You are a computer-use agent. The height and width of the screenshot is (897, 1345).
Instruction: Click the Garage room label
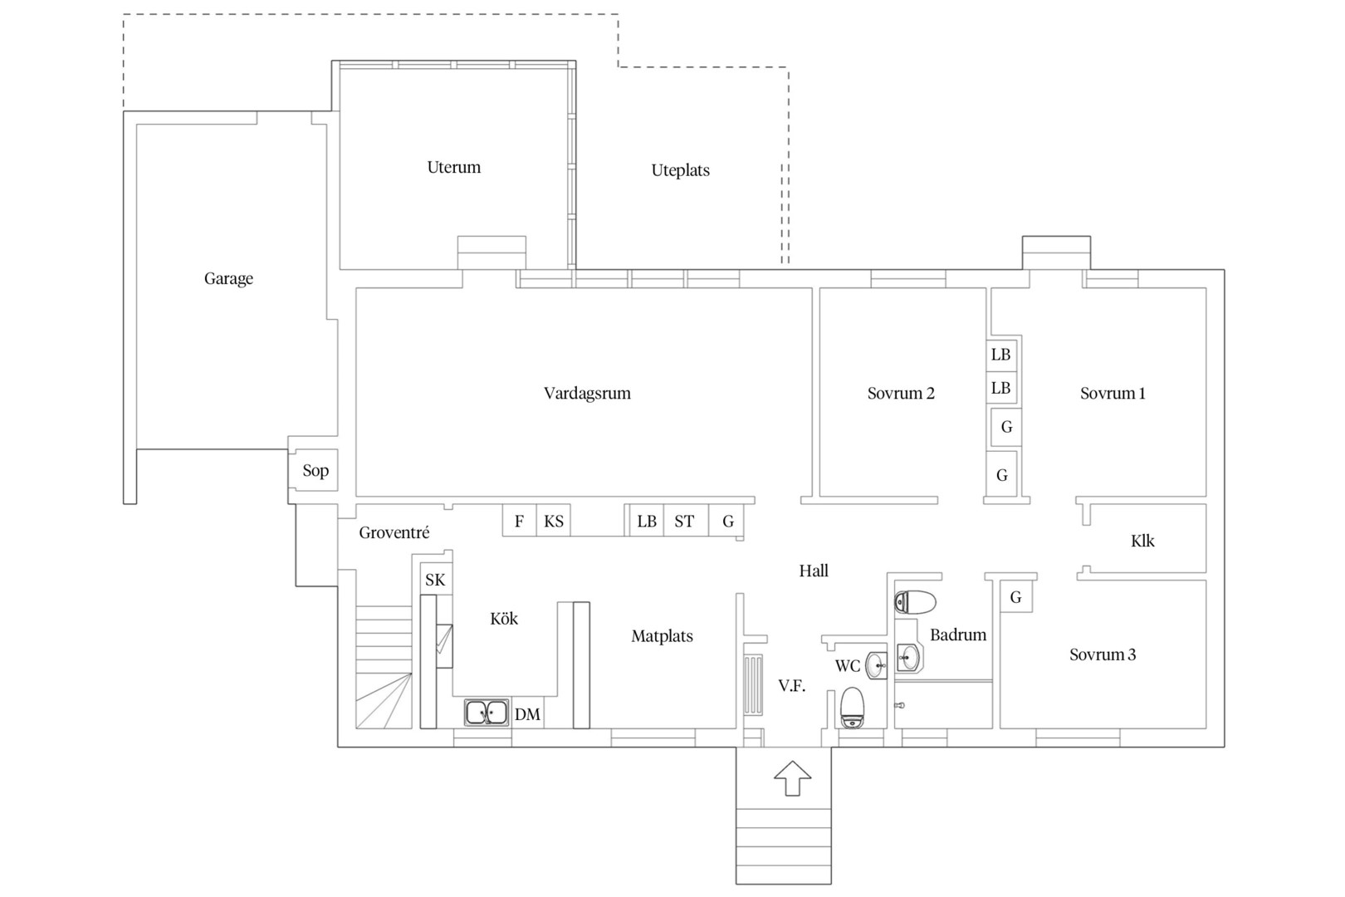228,279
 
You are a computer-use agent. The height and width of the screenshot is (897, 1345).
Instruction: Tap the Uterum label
454,167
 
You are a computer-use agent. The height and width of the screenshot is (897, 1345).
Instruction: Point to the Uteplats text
680,170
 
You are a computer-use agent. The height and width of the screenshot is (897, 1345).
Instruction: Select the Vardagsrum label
587,394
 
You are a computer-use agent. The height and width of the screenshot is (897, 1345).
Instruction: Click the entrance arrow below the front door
793,778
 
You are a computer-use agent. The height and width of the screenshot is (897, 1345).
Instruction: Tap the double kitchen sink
487,713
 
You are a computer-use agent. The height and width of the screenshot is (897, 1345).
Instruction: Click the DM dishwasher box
528,713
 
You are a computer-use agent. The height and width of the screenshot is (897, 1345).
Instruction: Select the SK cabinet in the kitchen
435,580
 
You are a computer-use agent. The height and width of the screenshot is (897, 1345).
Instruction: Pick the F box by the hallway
520,520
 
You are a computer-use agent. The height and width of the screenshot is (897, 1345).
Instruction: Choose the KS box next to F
554,520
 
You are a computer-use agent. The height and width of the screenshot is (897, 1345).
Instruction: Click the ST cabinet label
684,521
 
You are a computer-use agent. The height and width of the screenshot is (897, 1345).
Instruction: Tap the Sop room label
315,470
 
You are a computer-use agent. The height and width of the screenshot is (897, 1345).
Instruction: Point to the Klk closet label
1142,541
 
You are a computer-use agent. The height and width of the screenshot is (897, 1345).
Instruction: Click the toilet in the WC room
852,708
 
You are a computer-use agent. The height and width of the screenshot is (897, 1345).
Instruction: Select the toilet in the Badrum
915,602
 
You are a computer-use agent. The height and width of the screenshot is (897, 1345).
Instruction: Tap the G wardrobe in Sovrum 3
1016,596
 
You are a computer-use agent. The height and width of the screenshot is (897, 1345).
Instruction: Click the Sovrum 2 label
901,394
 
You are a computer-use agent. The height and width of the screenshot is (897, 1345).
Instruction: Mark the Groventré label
394,533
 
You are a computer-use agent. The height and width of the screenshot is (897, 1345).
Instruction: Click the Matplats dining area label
663,636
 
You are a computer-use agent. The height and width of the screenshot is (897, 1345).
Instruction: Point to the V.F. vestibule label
792,686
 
